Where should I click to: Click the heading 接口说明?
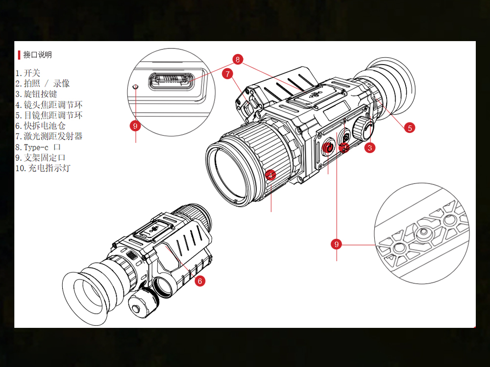pos(37,55)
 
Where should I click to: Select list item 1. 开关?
pos(28,73)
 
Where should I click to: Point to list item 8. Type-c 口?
pos(39,147)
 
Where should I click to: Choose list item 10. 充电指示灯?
pos(43,168)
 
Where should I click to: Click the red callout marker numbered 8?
pos(238,60)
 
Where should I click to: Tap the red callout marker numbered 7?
pos(227,74)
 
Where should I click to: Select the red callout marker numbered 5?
pos(410,128)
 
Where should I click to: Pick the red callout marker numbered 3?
pos(370,147)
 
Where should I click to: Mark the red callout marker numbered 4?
pos(271,175)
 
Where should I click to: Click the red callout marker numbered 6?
pos(199,281)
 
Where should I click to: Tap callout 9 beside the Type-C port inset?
pos(136,126)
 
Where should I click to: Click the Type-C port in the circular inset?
pos(171,81)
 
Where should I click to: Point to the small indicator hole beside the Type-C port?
pos(136,86)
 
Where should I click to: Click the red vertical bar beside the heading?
pos(19,55)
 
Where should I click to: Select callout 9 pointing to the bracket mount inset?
pos(336,244)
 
